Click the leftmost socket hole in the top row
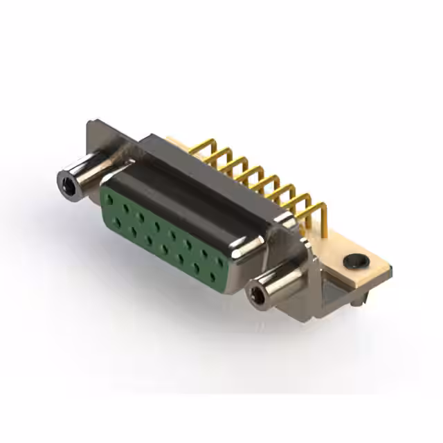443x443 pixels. pos(109,199)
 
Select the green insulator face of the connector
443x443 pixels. pos(163,232)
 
